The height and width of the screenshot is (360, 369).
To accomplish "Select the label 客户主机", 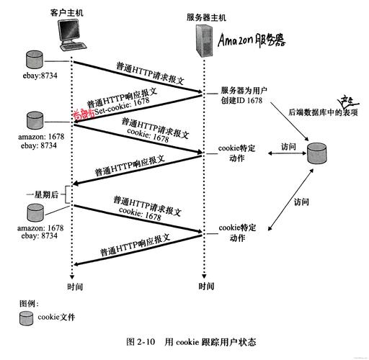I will click(x=66, y=13).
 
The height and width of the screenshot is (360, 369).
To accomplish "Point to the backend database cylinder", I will click(x=317, y=152).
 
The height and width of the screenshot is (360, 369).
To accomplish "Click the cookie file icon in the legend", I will click(x=27, y=316).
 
